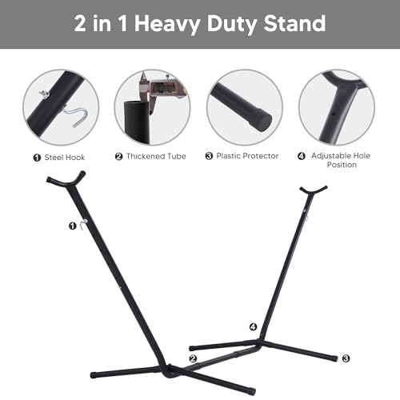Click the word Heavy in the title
click(167, 25)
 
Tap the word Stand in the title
click(294, 23)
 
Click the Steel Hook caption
click(65, 158)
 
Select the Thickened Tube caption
click(156, 156)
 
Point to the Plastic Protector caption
click(247, 156)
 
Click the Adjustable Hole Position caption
click(341, 160)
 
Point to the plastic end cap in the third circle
click(262, 122)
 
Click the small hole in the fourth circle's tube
click(332, 113)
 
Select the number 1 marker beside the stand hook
click(72, 226)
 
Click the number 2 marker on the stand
click(193, 358)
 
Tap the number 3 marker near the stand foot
click(346, 358)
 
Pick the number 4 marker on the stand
click(253, 326)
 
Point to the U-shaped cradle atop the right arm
click(314, 191)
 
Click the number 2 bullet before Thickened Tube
click(118, 156)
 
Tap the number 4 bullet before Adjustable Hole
click(302, 156)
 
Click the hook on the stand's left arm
click(83, 223)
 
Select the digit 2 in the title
click(80, 23)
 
